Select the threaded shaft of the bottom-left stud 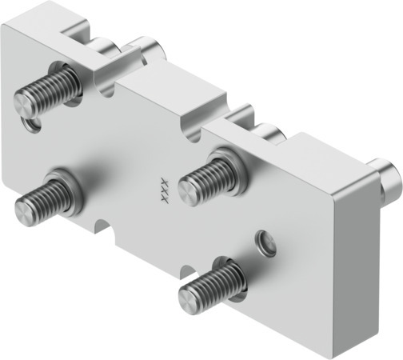pyautogui.click(x=44, y=197)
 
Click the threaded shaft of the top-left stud pyautogui.click(x=44, y=90)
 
